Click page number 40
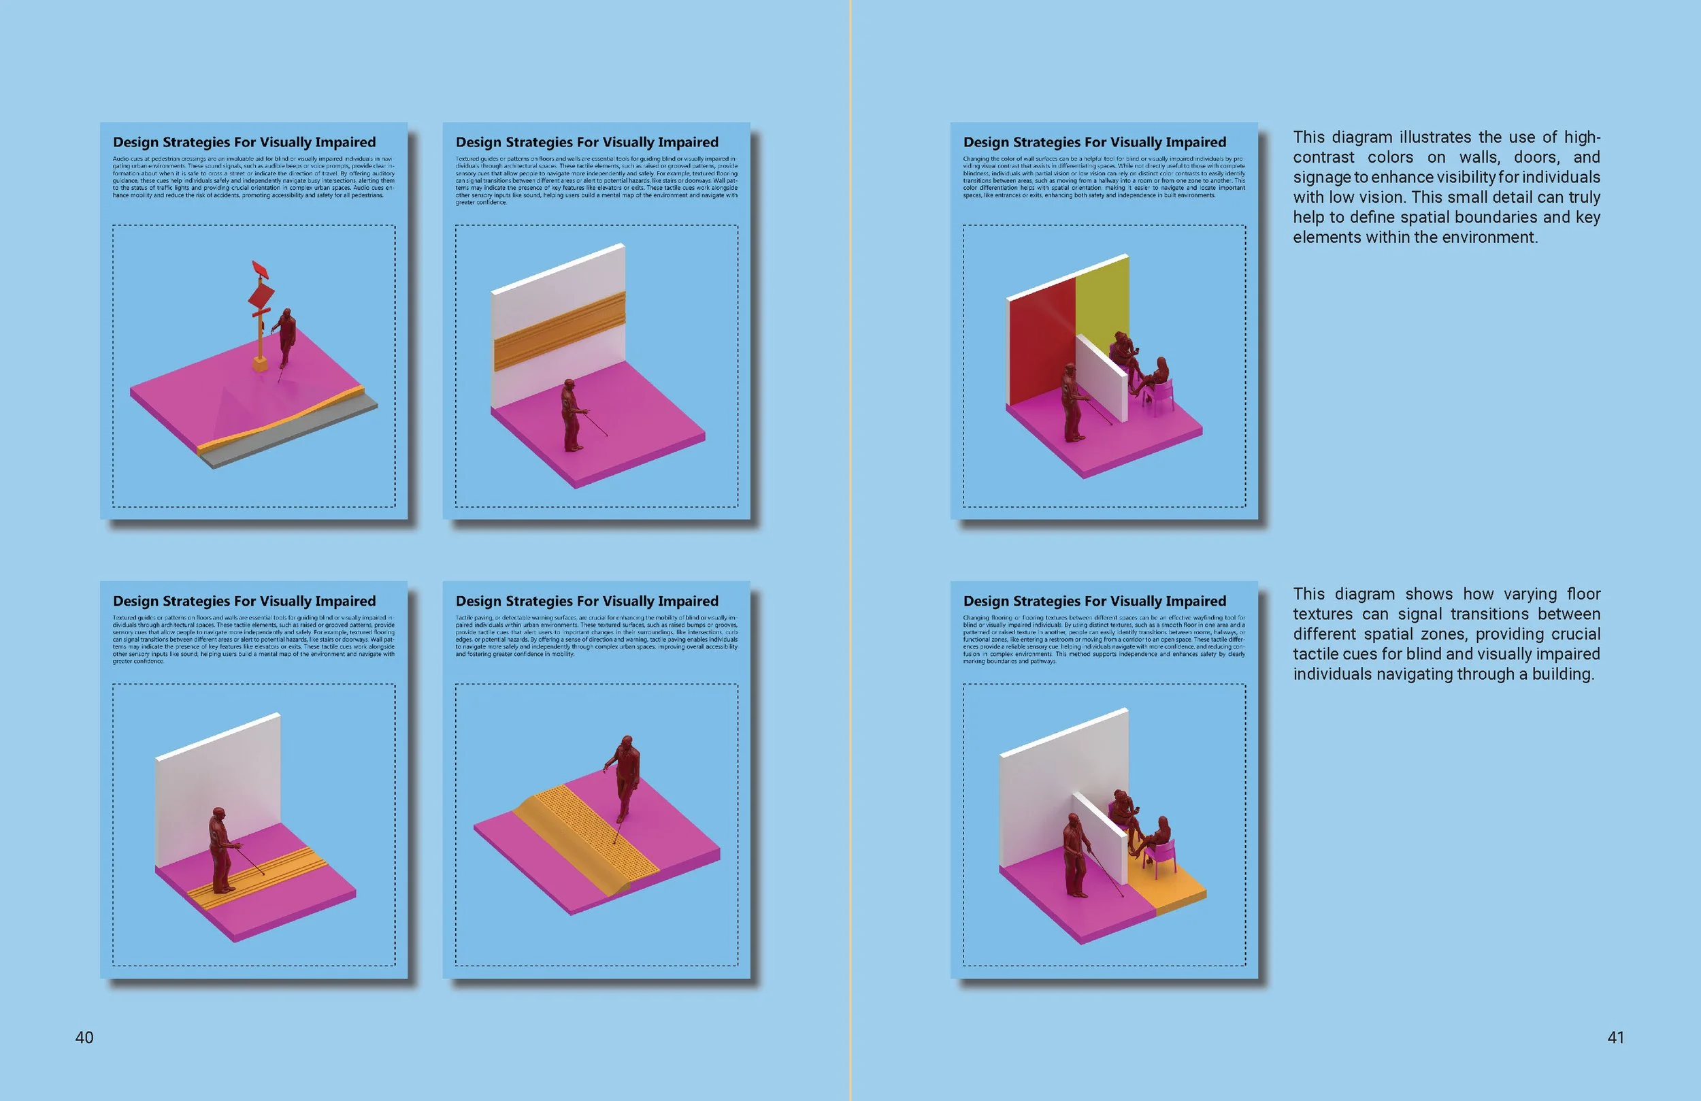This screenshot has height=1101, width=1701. click(84, 1037)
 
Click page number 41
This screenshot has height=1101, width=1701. click(1615, 1037)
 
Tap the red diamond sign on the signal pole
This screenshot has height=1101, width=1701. click(261, 295)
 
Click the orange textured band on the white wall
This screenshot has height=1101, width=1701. click(559, 329)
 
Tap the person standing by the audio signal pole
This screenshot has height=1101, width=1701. click(286, 336)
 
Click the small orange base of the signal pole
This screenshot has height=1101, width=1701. click(260, 364)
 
